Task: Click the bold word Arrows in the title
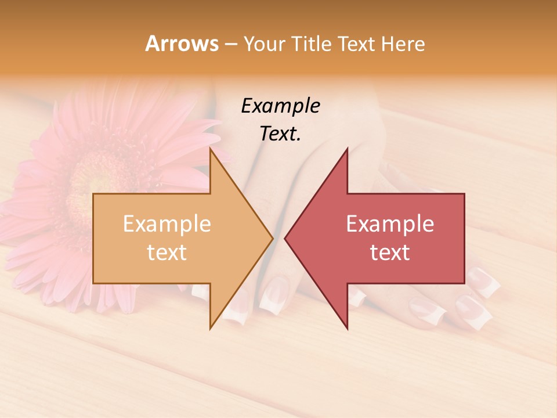tap(182, 44)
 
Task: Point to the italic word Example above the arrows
tap(280, 106)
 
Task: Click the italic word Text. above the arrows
tap(280, 134)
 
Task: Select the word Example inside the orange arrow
tap(167, 224)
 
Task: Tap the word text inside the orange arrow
tap(167, 252)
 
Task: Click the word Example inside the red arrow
tap(390, 224)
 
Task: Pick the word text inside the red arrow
tap(390, 252)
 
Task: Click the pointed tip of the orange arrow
tap(273, 238)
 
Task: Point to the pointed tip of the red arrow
tap(285, 238)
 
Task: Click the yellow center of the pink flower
tap(93, 174)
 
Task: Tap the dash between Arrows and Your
tap(231, 44)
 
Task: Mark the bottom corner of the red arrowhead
tap(348, 329)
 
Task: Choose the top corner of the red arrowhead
tap(348, 149)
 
